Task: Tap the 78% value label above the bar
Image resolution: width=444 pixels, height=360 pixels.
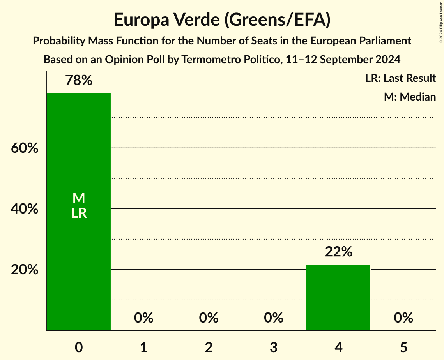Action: [79, 81]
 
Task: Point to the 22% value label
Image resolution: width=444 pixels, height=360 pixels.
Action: [338, 252]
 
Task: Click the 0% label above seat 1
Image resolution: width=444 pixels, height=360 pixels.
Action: [143, 318]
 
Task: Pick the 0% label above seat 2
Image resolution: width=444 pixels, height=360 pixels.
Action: [209, 318]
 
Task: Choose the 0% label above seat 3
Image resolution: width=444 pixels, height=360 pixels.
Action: [273, 318]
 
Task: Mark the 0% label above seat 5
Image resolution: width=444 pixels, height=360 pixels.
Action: [403, 318]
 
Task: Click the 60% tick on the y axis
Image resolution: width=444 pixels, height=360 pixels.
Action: [25, 148]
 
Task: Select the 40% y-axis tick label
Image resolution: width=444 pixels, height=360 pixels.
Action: [25, 209]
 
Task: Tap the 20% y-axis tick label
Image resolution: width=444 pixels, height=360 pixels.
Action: [25, 270]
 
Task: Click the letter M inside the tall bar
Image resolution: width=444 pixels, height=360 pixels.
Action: [79, 198]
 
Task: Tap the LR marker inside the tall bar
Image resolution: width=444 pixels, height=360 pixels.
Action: [79, 213]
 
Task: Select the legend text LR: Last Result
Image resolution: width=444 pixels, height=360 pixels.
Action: [400, 78]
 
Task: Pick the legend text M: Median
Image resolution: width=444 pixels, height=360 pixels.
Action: [410, 97]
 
